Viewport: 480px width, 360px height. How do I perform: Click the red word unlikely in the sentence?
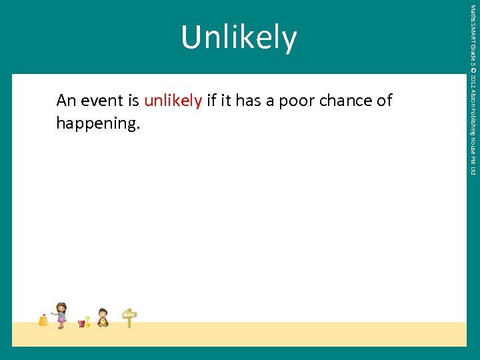click(173, 101)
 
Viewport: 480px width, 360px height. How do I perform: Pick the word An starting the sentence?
click(66, 101)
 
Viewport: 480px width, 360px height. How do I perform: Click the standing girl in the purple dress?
click(61, 315)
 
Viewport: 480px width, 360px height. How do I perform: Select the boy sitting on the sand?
click(102, 317)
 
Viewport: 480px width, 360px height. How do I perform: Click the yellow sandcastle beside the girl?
click(43, 321)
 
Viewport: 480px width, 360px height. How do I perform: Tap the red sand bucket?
click(81, 323)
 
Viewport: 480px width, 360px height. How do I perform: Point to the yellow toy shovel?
click(87, 321)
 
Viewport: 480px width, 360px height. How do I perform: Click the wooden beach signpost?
click(129, 317)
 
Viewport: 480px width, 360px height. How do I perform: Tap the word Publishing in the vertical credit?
click(473, 123)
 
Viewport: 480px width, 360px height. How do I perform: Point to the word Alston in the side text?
click(473, 101)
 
